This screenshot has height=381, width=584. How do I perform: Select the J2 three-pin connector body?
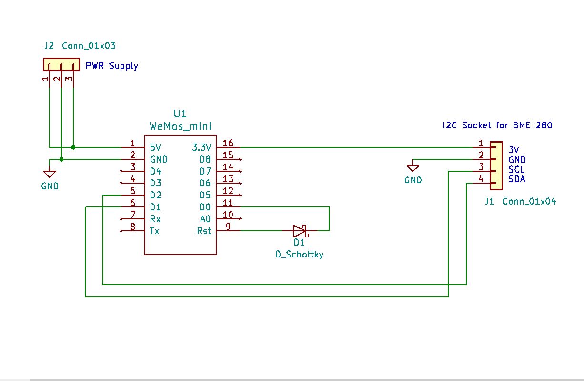pyautogui.click(x=61, y=64)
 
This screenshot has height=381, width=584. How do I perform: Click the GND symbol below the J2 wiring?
pyautogui.click(x=50, y=174)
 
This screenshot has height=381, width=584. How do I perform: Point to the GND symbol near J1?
pyautogui.click(x=413, y=168)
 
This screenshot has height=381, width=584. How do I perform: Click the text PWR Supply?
pyautogui.click(x=111, y=66)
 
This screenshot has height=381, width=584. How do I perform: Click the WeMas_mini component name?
pyautogui.click(x=181, y=126)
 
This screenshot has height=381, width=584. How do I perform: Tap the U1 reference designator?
pyautogui.click(x=180, y=113)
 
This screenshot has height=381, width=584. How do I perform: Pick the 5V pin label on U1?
pyautogui.click(x=156, y=147)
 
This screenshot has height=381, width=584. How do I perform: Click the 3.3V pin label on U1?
pyautogui.click(x=201, y=147)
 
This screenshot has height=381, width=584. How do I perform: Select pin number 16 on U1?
pyautogui.click(x=228, y=144)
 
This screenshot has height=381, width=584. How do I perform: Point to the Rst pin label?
pyautogui.click(x=204, y=231)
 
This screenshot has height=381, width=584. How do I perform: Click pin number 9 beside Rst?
pyautogui.click(x=228, y=227)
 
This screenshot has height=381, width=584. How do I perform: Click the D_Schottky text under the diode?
pyautogui.click(x=300, y=255)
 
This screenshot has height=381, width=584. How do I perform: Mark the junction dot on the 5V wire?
pyautogui.click(x=73, y=147)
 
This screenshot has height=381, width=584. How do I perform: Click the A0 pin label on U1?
pyautogui.click(x=205, y=219)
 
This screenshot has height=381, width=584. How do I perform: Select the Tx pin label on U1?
pyautogui.click(x=154, y=231)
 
